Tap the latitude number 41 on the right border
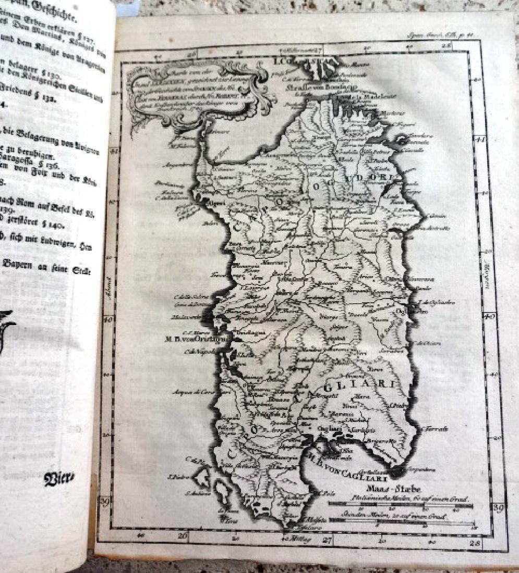pos(481,140)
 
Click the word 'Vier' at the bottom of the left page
pos(58,479)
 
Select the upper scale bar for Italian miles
pos(401,504)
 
